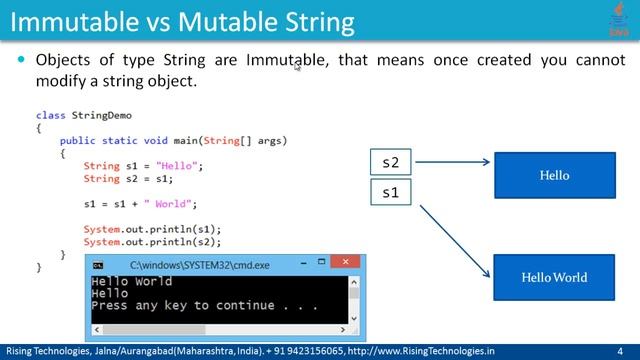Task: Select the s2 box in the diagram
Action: click(x=391, y=162)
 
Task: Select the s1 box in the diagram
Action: click(x=391, y=191)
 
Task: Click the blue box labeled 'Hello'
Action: click(x=554, y=175)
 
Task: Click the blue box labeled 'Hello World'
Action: click(x=554, y=277)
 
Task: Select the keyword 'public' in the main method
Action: click(x=78, y=141)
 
